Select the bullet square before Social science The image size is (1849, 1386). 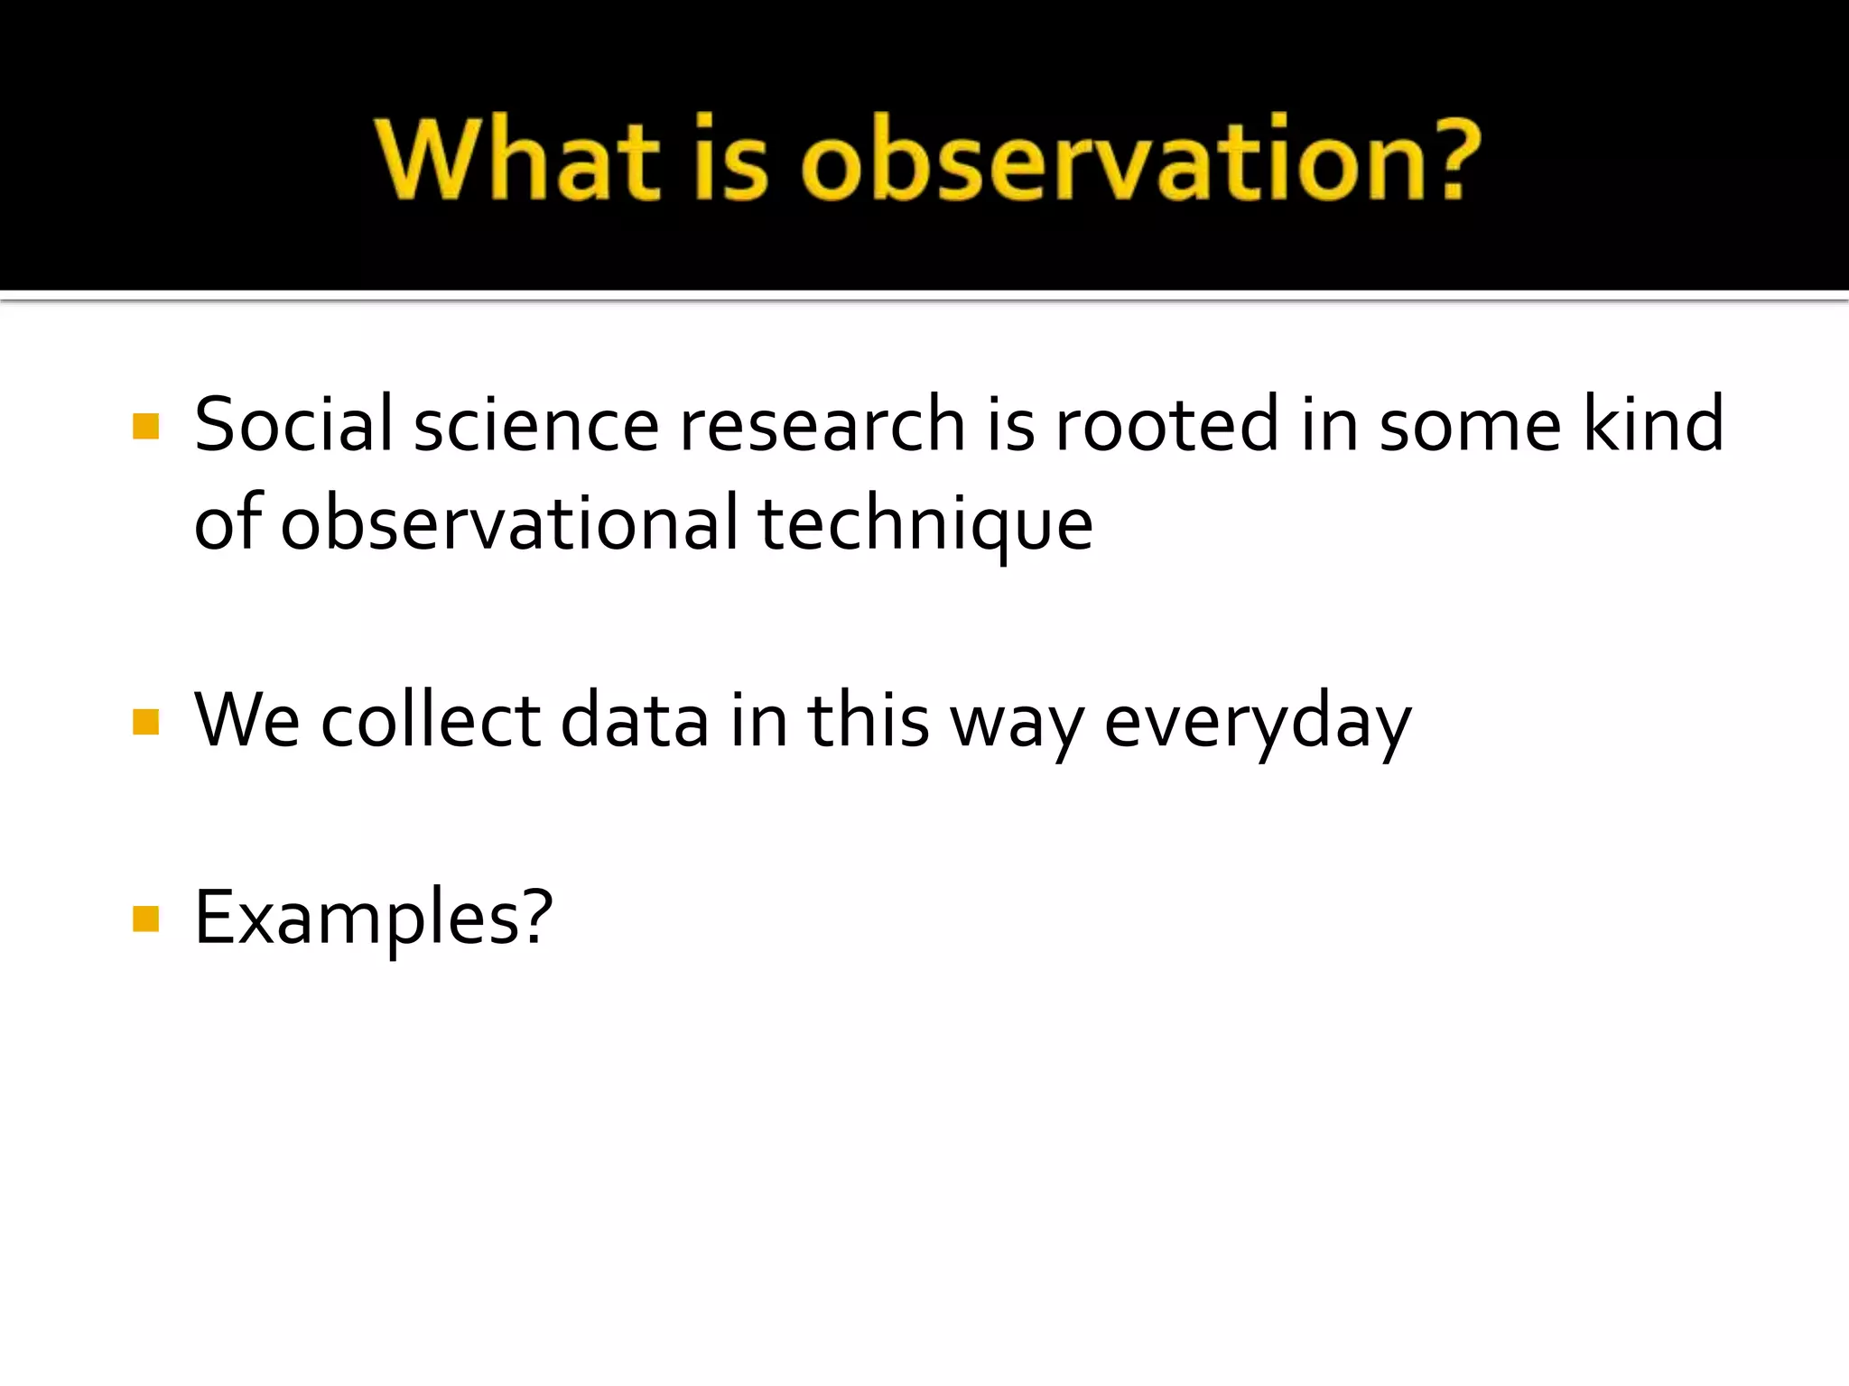[145, 426]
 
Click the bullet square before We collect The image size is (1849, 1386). [145, 722]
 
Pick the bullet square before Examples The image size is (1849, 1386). [145, 919]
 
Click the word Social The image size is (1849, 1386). [293, 424]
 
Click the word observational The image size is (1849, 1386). [510, 523]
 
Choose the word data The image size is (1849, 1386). [634, 720]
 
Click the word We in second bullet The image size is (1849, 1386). [246, 720]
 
